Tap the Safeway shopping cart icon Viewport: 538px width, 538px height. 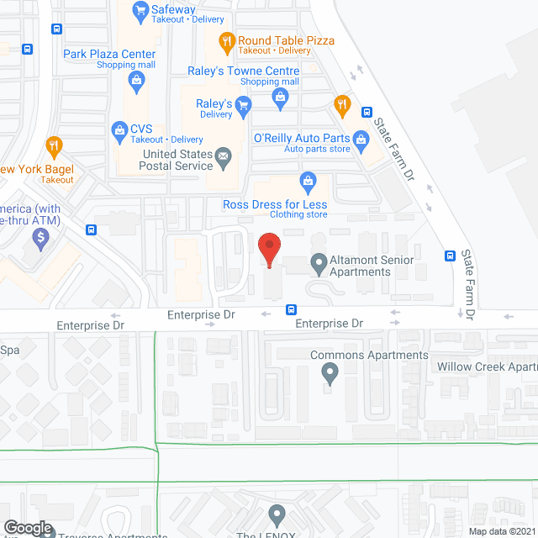140,11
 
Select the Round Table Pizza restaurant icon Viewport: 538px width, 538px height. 226,40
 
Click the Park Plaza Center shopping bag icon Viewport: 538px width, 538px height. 136,81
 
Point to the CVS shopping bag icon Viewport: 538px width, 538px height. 119,129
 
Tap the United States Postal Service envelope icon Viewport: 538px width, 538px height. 224,156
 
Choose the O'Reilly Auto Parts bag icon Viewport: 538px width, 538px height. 361,138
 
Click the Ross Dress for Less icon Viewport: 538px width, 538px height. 309,181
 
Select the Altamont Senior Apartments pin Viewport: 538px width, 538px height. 319,265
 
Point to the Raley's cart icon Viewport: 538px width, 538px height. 244,104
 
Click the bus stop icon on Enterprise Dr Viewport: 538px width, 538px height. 292,309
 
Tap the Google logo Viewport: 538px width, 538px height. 27,528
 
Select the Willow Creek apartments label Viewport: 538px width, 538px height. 487,367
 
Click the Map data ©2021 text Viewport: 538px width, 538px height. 502,531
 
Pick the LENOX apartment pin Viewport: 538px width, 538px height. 277,514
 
